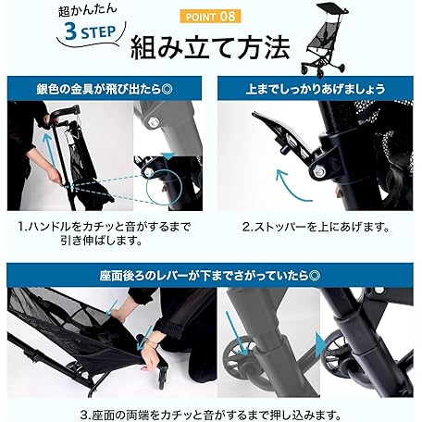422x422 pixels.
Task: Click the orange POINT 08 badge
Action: coord(211,17)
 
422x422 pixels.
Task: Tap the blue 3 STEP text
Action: coord(90,31)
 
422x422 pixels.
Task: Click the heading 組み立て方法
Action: coord(210,48)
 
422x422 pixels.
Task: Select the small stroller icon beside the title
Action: coord(324,39)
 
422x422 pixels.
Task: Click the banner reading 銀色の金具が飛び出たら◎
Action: coord(105,89)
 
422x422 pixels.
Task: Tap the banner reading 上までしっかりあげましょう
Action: coord(316,89)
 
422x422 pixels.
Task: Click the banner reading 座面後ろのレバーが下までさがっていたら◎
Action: coord(210,276)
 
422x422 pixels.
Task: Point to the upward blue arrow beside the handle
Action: coord(51,151)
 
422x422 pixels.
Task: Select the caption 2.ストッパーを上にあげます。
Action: coord(316,228)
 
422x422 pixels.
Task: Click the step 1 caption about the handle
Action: coord(105,234)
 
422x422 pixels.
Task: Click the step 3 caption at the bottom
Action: coord(210,414)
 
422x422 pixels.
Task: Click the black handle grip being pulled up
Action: coord(65,111)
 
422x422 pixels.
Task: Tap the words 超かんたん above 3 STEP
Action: coord(88,10)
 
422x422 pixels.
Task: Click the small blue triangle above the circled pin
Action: coord(168,155)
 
